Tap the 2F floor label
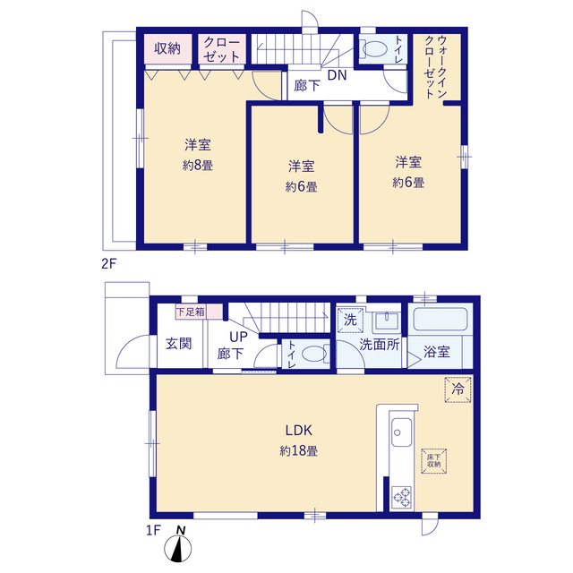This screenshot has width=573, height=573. (108, 263)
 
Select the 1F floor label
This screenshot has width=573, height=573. (153, 530)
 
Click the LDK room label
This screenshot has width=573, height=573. (298, 431)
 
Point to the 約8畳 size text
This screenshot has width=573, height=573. (198, 165)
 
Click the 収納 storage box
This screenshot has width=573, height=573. (167, 49)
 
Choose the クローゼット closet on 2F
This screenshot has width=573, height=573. (222, 49)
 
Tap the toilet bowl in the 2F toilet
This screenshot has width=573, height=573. (373, 49)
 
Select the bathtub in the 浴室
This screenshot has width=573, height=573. (440, 319)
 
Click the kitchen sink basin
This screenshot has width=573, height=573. (401, 432)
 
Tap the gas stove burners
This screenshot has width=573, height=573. (402, 497)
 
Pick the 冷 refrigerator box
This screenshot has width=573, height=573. (458, 389)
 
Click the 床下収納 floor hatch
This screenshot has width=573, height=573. (433, 461)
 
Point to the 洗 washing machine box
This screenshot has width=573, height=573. (350, 321)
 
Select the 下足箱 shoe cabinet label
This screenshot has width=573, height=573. (191, 312)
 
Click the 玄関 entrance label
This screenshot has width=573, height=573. (179, 344)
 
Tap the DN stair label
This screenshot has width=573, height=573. (337, 75)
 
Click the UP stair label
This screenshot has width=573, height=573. (238, 337)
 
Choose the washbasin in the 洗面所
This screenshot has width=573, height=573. (386, 321)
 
